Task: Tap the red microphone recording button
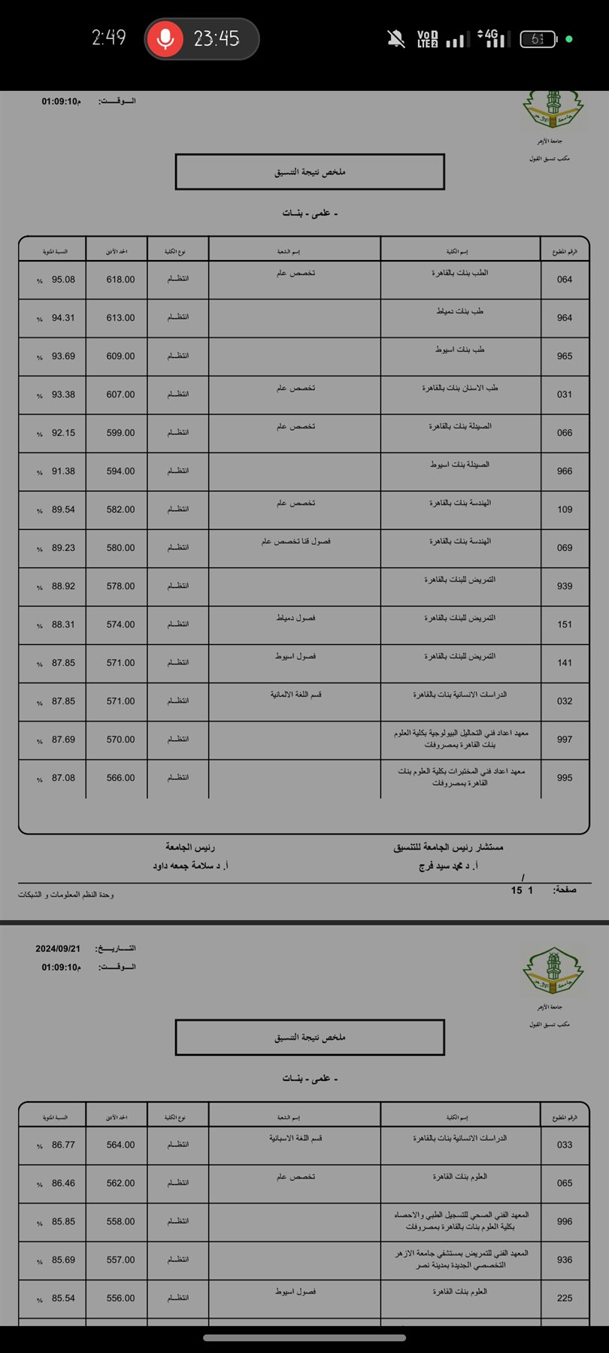tap(165, 38)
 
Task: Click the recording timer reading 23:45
tap(217, 38)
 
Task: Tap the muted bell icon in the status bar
tap(395, 39)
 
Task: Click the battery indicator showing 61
tap(538, 39)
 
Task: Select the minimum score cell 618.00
tap(120, 280)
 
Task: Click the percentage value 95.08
tap(63, 280)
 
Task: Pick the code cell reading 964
tap(565, 318)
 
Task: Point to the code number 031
tap(565, 395)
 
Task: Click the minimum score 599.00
tap(120, 433)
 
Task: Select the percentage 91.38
tap(63, 471)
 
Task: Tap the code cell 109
tap(565, 510)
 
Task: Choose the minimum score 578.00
tap(120, 586)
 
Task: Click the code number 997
tap(565, 740)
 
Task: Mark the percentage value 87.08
tap(63, 778)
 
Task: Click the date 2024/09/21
tap(58, 949)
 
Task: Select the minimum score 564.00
tap(120, 1145)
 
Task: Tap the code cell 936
tap(565, 1260)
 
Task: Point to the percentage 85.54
tap(63, 1298)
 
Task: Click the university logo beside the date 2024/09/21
tap(553, 971)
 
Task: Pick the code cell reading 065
tap(565, 1183)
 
